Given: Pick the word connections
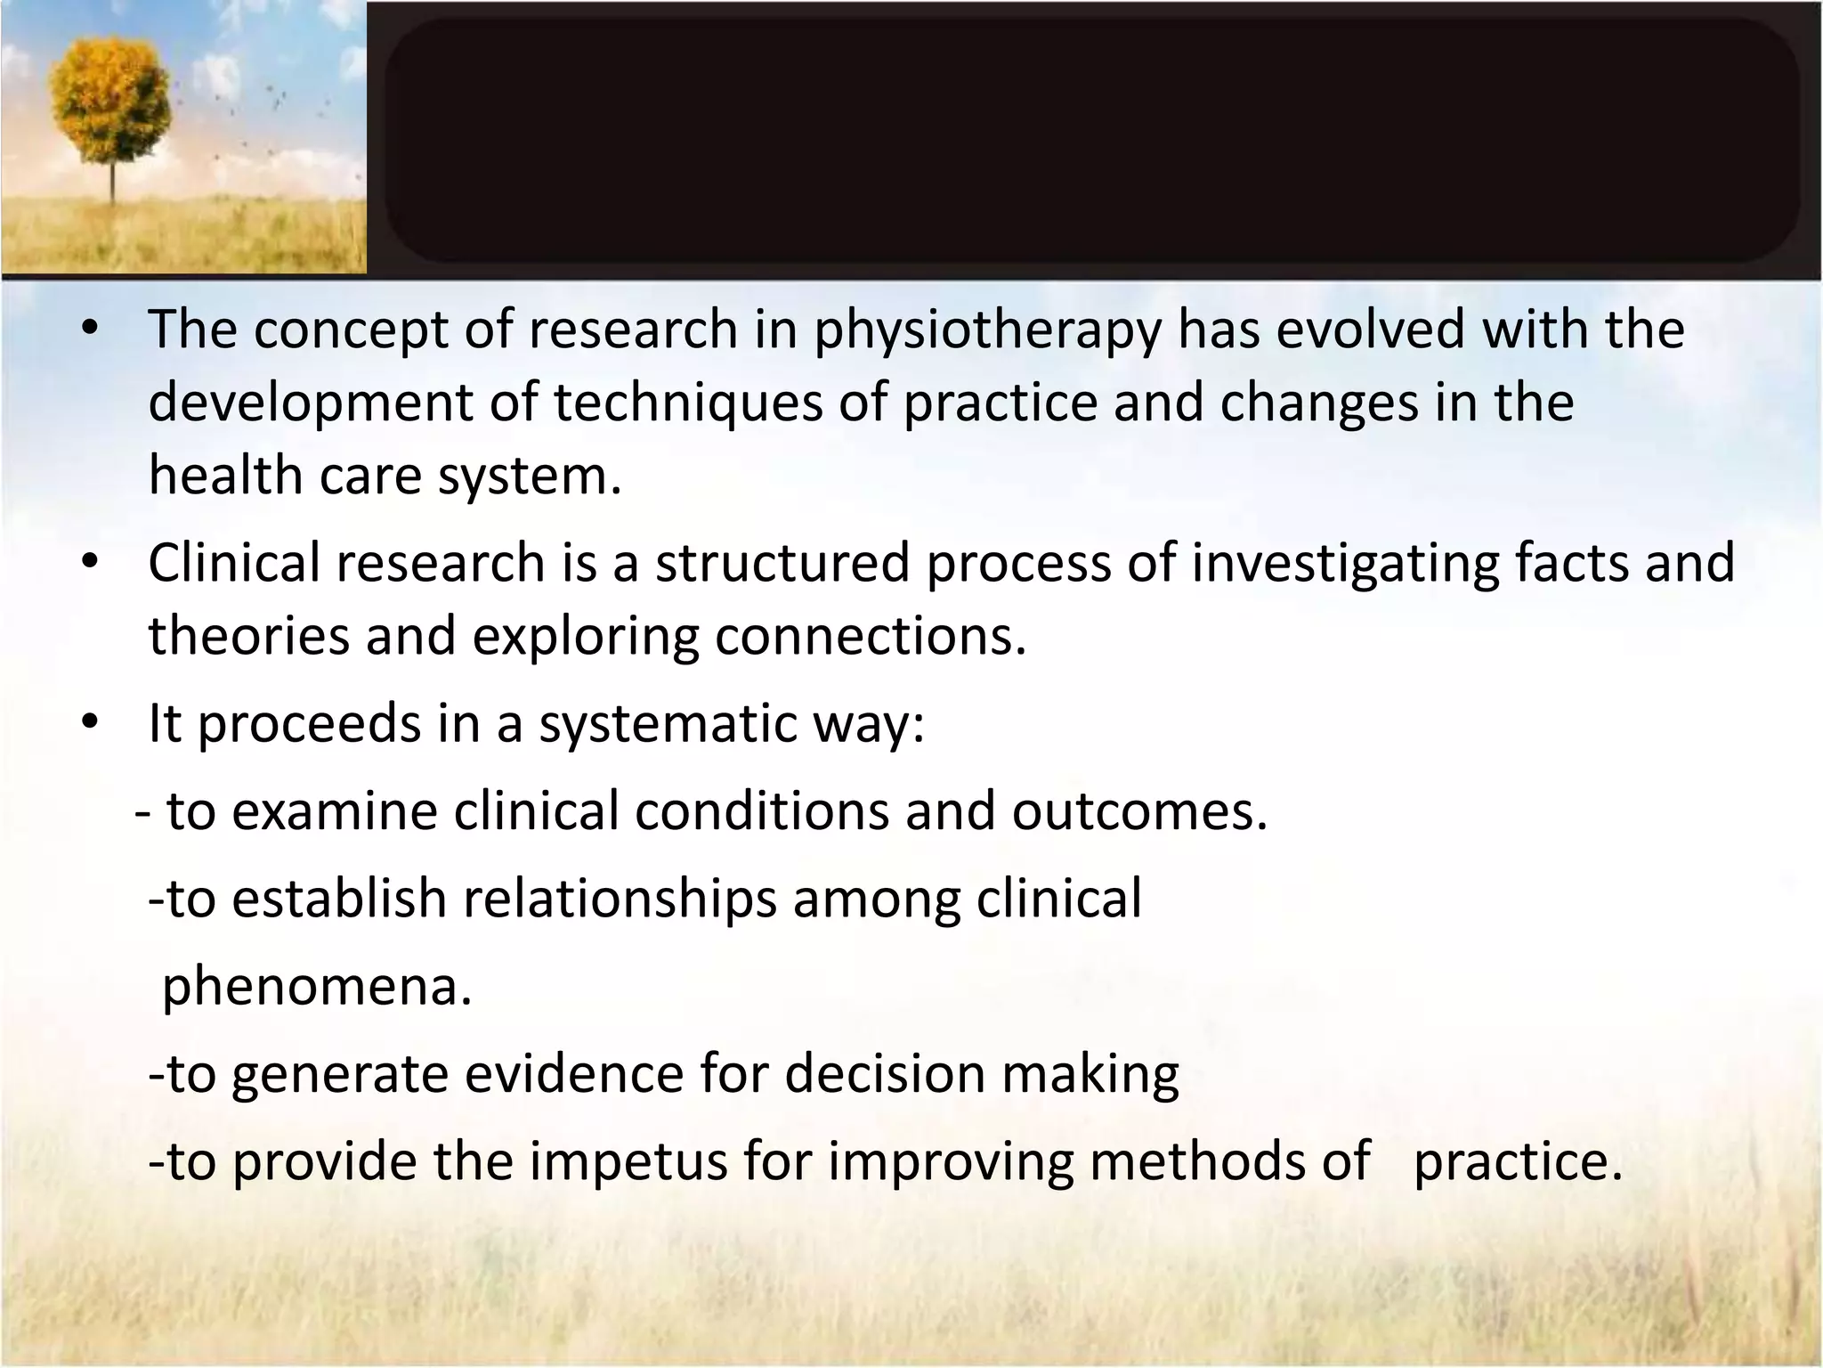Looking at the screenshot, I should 870,636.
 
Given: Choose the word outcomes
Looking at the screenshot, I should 1138,811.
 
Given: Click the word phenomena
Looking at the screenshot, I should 316,987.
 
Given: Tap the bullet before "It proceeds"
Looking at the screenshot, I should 89,723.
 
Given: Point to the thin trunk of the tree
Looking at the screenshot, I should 112,183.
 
